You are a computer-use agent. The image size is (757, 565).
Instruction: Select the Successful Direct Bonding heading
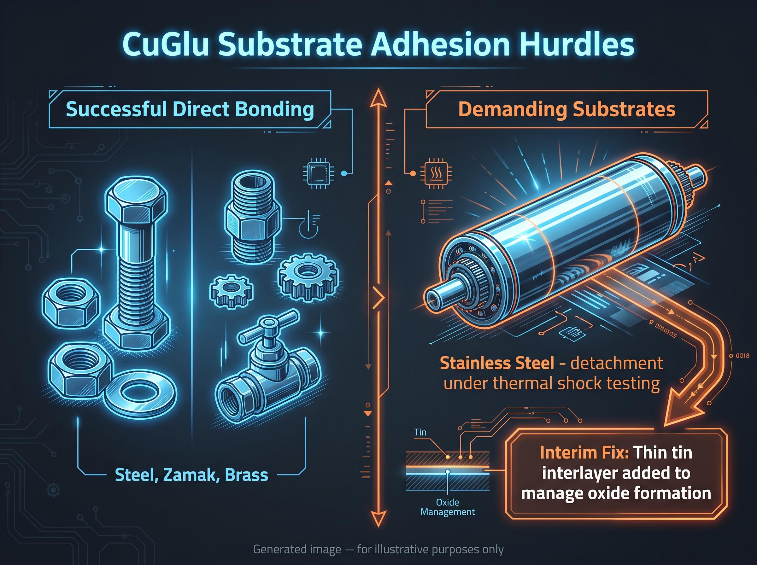(190, 109)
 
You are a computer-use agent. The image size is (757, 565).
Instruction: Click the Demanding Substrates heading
(566, 109)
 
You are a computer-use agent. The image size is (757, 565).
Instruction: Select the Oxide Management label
(448, 507)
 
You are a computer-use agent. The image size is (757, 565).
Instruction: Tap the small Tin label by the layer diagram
(420, 432)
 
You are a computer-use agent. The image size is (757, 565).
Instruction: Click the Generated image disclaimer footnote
(378, 550)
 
